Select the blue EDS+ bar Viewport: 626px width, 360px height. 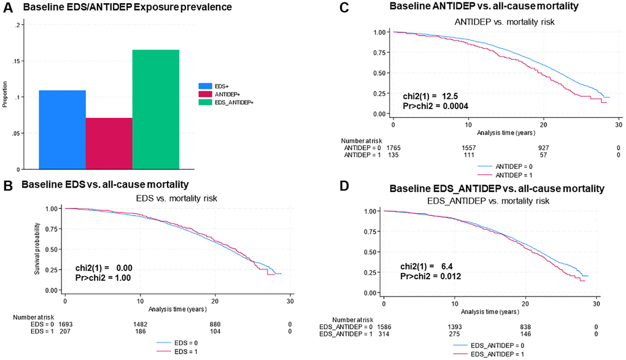(62, 129)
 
